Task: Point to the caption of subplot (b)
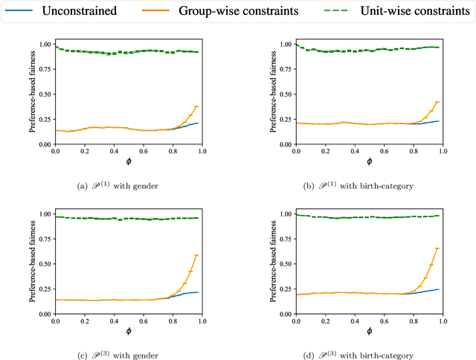(369, 184)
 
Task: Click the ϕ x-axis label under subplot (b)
(369, 164)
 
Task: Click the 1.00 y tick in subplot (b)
(286, 45)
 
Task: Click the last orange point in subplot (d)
(437, 248)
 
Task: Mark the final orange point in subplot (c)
(197, 255)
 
